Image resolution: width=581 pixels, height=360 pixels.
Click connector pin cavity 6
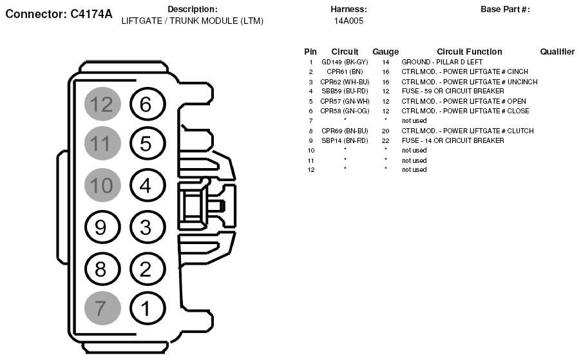[x=146, y=104]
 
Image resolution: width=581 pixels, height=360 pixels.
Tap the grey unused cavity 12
[x=100, y=104]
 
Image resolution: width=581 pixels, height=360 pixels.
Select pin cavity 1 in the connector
[x=146, y=308]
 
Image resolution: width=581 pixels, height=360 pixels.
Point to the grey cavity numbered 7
[x=100, y=308]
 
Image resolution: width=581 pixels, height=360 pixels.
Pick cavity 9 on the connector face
[x=100, y=227]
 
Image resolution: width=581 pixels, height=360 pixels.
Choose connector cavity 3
[x=146, y=227]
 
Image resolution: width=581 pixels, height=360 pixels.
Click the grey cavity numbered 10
[x=100, y=186]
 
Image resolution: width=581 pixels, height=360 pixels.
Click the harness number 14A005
[x=348, y=21]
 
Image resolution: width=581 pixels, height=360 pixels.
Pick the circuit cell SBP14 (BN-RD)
[x=345, y=140]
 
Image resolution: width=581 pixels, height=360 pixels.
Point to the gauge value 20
[x=385, y=131]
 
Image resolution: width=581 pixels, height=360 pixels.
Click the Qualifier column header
[x=557, y=52]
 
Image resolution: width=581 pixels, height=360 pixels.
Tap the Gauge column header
[x=385, y=52]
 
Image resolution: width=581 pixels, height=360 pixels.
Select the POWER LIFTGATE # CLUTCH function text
[x=468, y=131]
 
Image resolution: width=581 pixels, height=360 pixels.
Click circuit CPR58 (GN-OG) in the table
[x=345, y=111]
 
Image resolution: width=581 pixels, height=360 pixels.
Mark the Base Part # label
[x=505, y=10]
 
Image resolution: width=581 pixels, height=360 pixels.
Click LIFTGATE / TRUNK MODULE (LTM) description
[x=192, y=21]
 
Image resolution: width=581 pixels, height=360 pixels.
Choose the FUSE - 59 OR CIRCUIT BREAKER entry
[x=453, y=91]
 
